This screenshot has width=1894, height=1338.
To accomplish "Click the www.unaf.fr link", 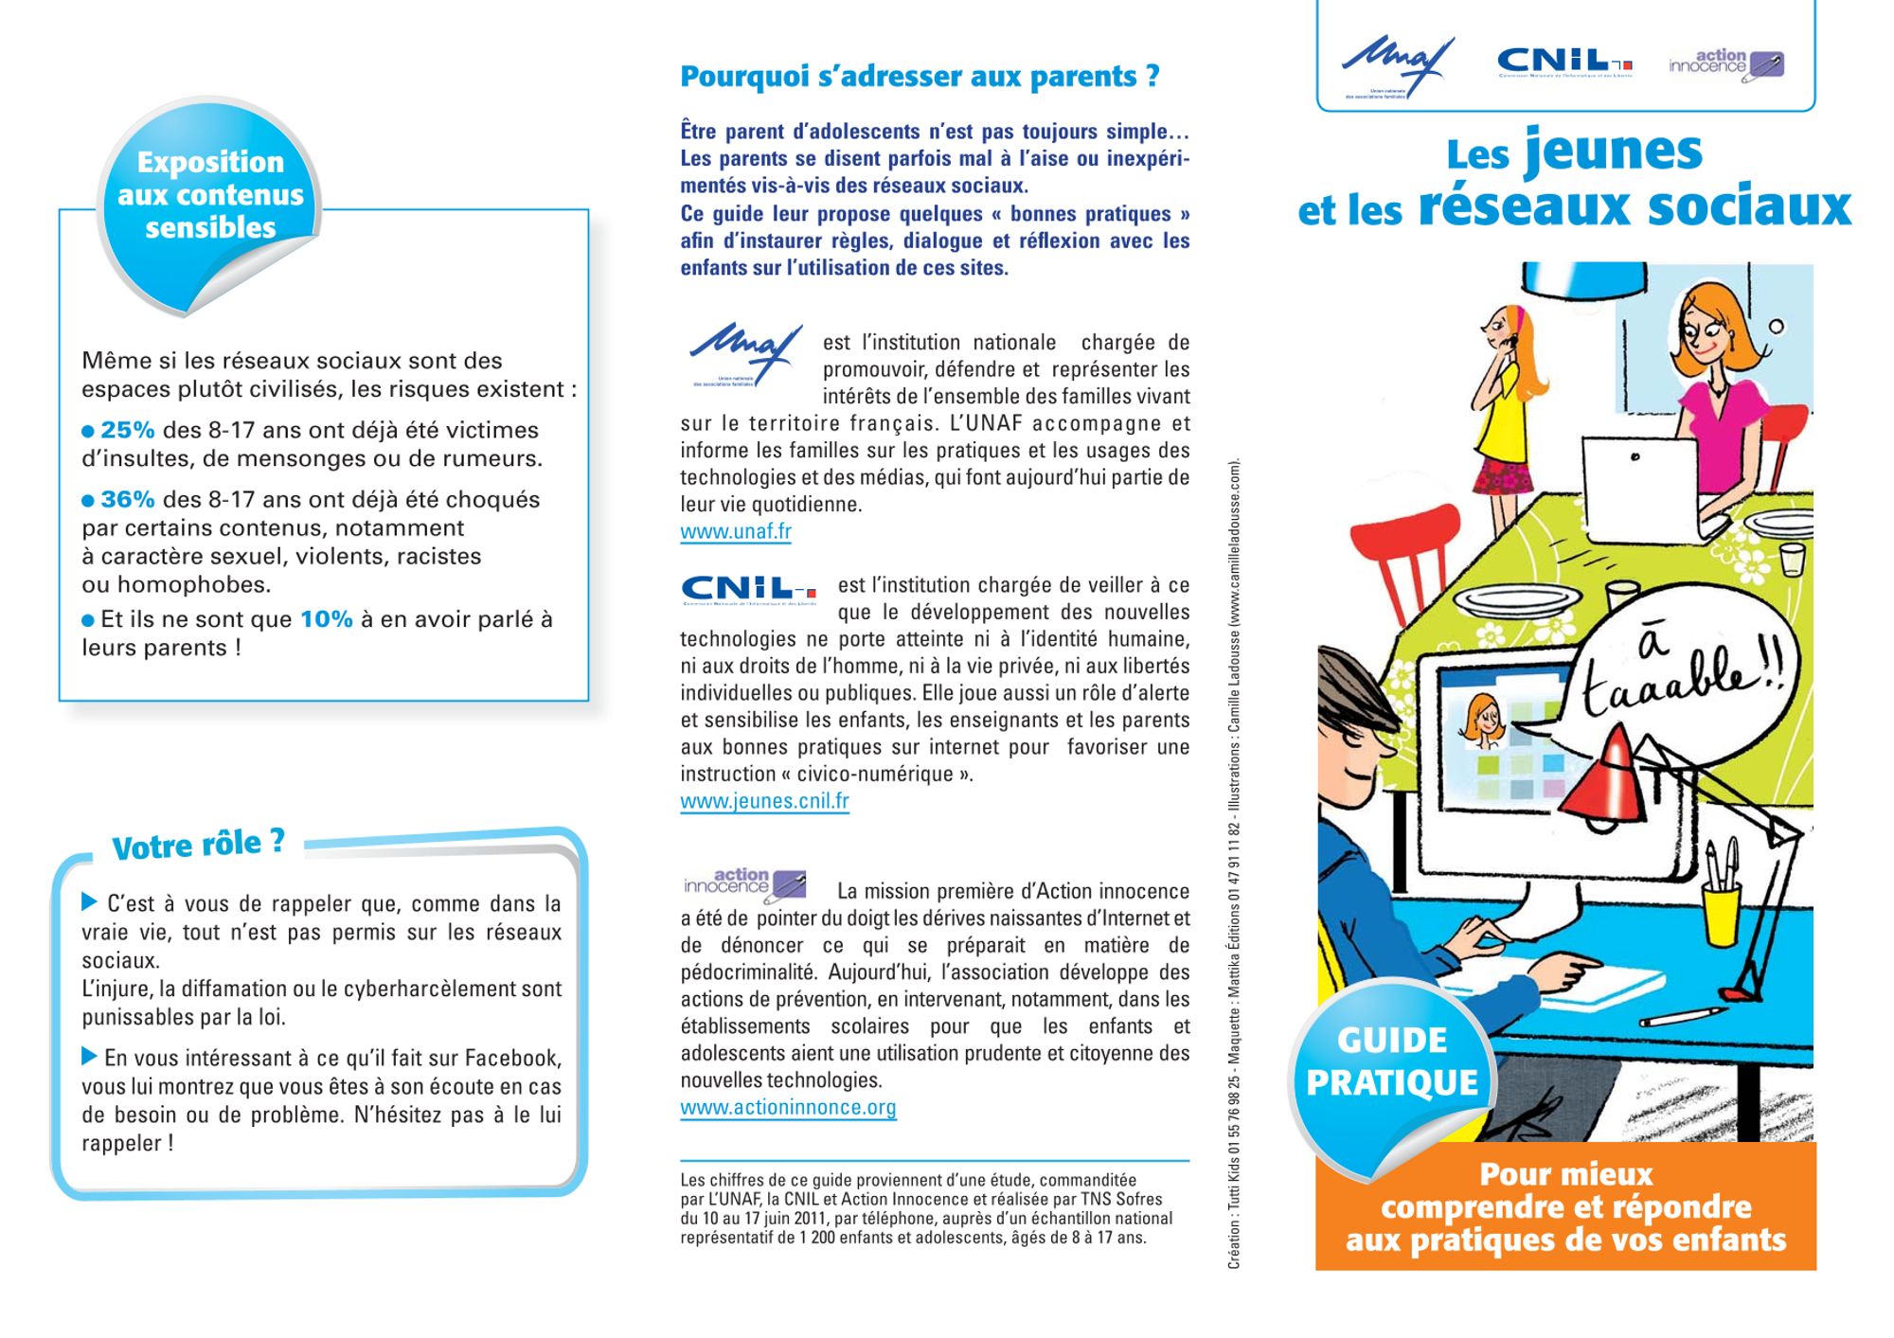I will click(735, 531).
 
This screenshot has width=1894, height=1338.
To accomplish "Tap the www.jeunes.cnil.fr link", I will click(764, 801).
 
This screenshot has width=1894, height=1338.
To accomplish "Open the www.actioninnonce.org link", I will click(787, 1107).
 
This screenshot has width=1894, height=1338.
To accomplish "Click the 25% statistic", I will click(127, 430).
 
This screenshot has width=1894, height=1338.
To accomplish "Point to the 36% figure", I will click(127, 499).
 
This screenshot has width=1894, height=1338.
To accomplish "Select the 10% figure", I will click(326, 619).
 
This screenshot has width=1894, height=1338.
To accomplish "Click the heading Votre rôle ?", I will click(198, 844).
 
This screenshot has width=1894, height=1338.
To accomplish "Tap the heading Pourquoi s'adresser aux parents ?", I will click(920, 76).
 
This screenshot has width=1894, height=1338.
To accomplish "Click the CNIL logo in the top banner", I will click(1563, 62).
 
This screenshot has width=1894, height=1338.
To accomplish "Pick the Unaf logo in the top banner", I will click(1396, 64).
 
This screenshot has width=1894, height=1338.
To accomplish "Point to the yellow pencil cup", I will click(1723, 914).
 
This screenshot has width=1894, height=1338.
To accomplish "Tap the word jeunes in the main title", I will click(1613, 152).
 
